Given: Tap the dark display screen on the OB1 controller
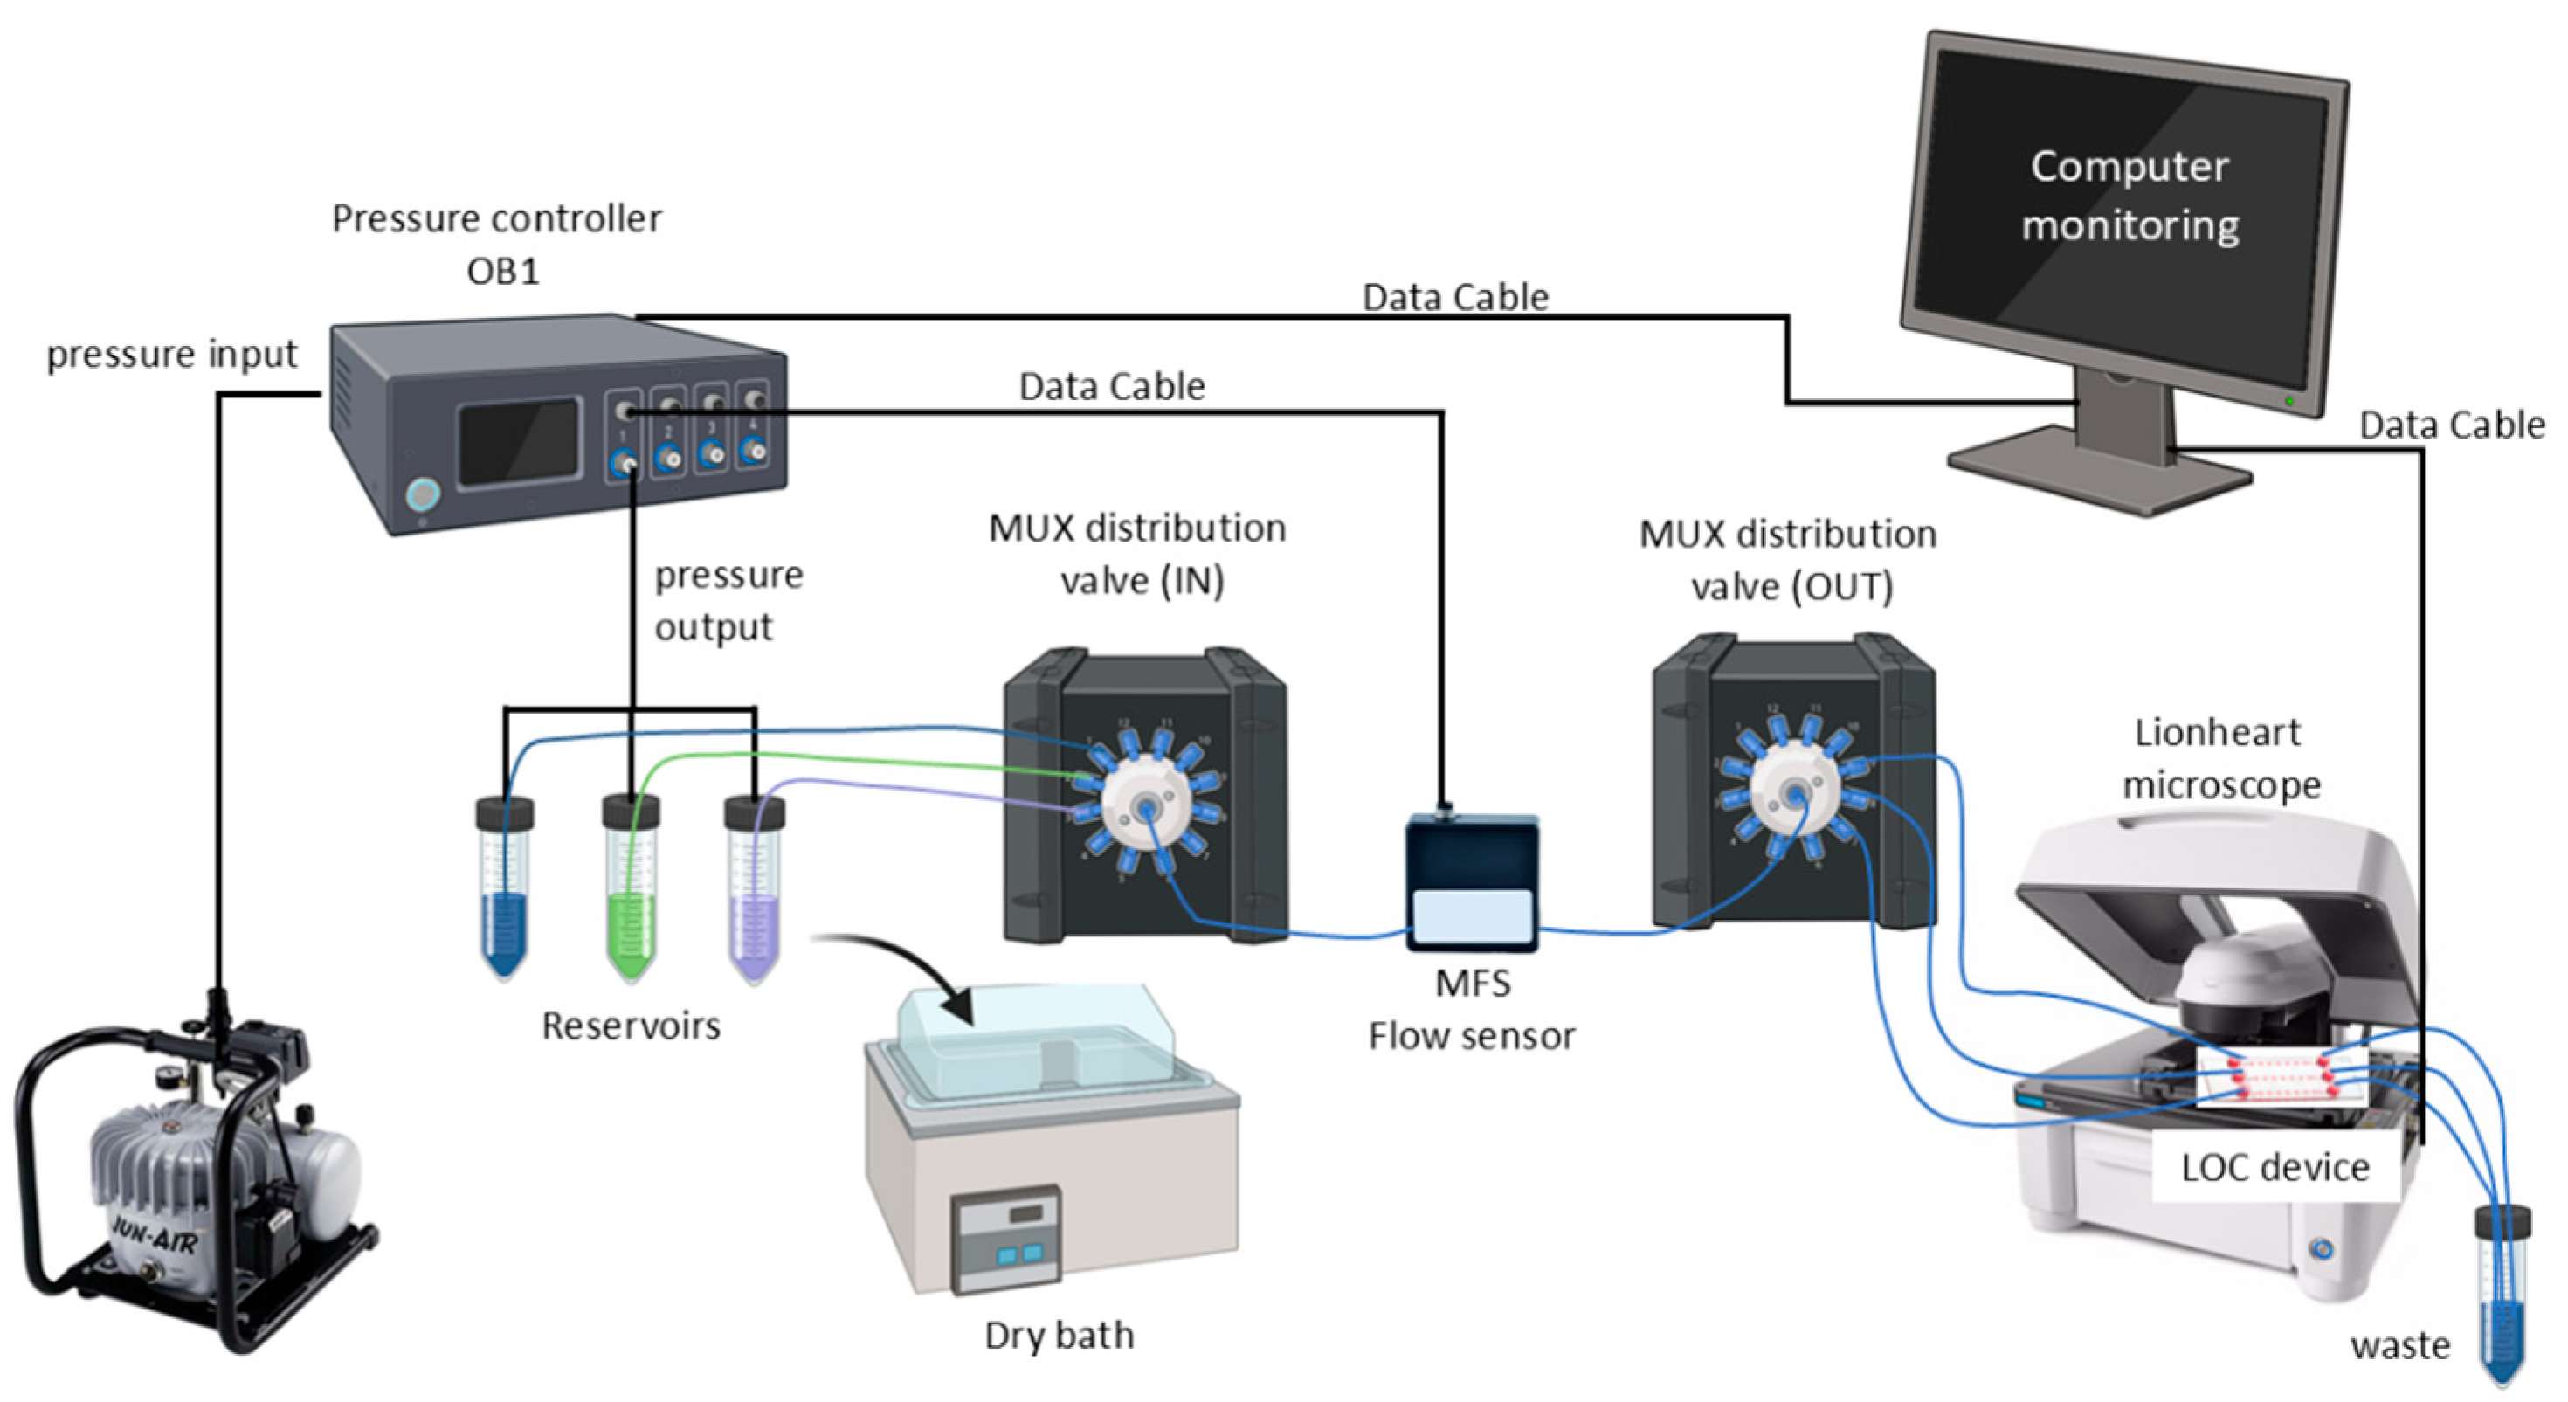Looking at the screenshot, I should tap(518, 442).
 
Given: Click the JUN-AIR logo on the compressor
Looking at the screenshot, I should tap(155, 1237).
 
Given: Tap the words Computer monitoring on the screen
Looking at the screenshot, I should tap(2130, 196).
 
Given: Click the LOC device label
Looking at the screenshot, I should tap(2275, 1167).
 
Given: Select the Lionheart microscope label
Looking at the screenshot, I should tap(2219, 758).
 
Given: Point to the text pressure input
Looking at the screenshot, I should tap(171, 355).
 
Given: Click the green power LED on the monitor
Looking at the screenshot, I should tap(2290, 401).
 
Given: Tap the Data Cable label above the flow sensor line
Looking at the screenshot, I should tap(1112, 386).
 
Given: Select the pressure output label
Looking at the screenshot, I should tap(728, 600).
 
